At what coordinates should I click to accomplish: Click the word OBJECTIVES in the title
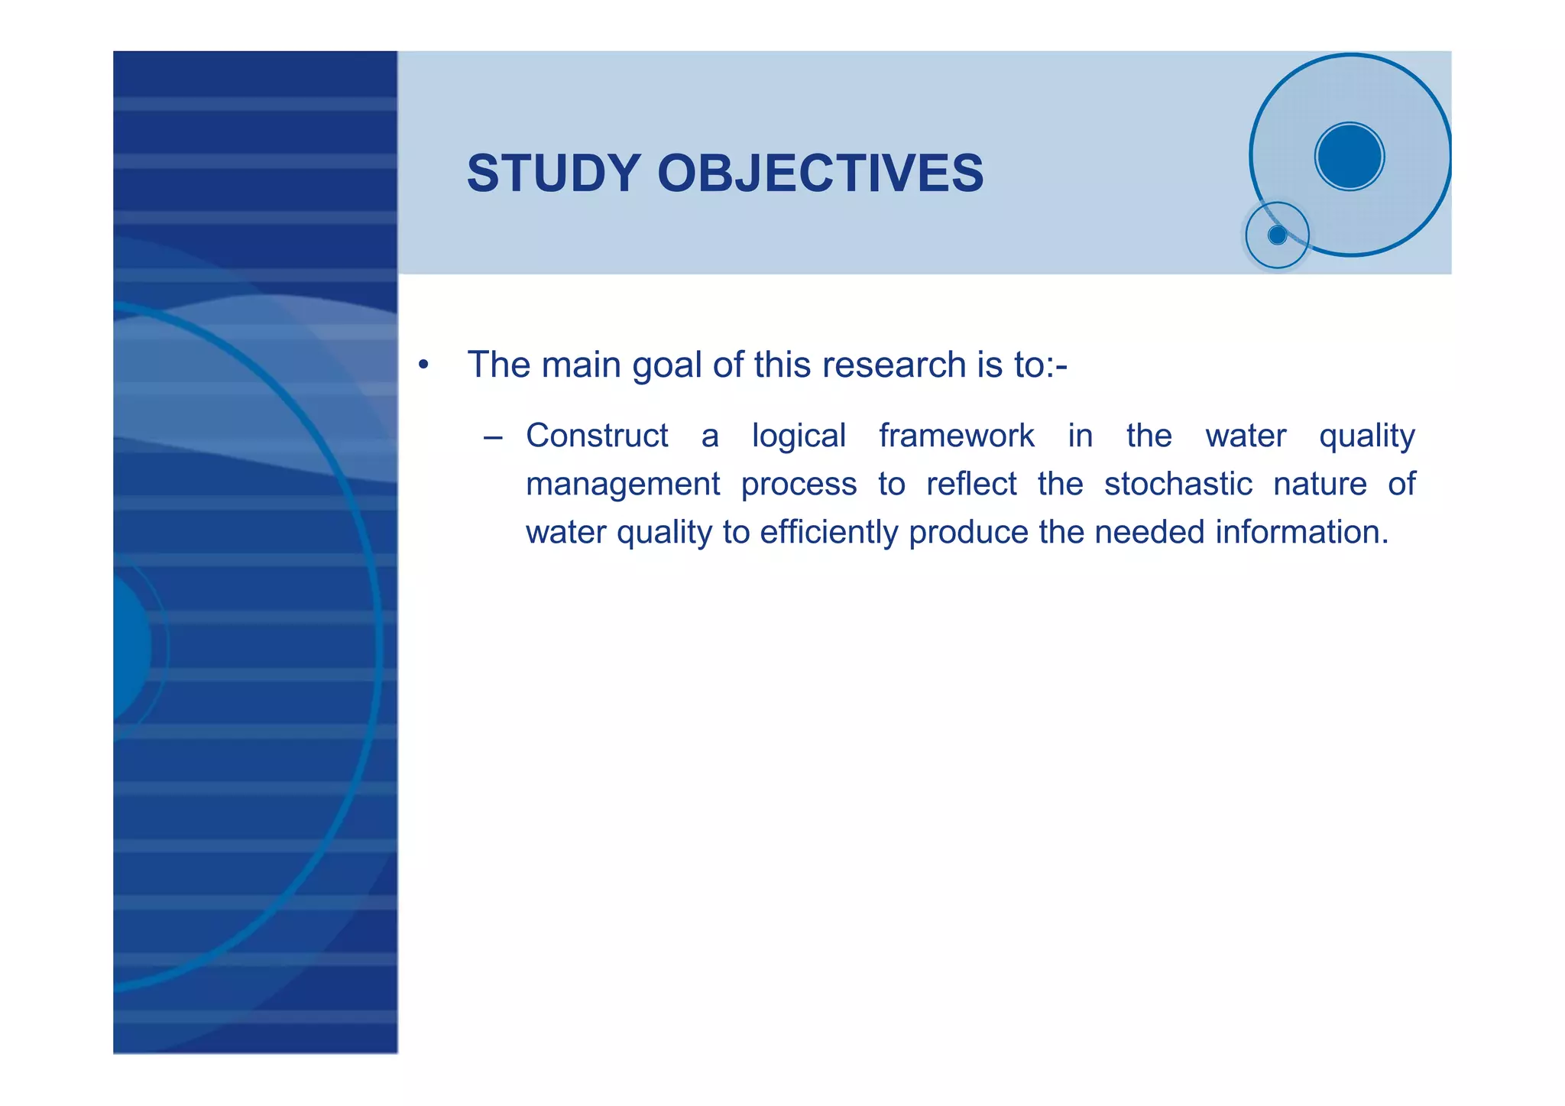click(820, 174)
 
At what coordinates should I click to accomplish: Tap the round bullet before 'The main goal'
click(423, 365)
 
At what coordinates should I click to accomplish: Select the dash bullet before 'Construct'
click(493, 438)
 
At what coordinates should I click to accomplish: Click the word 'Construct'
click(597, 436)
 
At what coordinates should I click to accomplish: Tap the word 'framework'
click(957, 436)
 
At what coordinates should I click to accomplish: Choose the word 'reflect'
click(971, 484)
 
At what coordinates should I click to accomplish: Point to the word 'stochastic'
click(1178, 484)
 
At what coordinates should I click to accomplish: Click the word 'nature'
click(1320, 485)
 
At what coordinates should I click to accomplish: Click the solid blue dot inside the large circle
click(1350, 157)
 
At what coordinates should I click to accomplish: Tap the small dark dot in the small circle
click(1277, 235)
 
